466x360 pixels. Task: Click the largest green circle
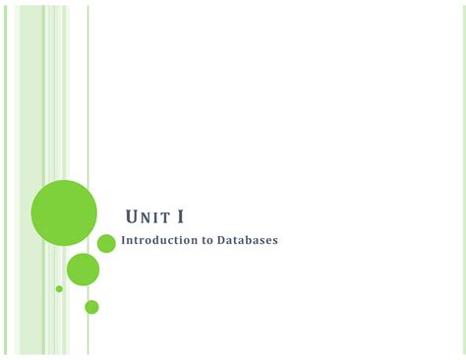pyautogui.click(x=64, y=213)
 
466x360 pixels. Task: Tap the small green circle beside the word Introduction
pyautogui.click(x=106, y=243)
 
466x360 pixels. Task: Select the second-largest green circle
pyautogui.click(x=83, y=270)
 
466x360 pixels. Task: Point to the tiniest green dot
pyautogui.click(x=59, y=289)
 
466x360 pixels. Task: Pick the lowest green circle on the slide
pyautogui.click(x=91, y=307)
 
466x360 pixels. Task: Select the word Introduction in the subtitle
pyautogui.click(x=156, y=240)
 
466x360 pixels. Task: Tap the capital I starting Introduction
pyautogui.click(x=124, y=240)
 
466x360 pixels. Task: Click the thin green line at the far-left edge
pyautogui.click(x=4, y=177)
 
